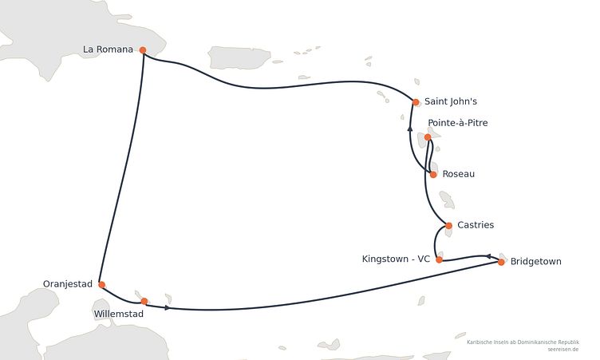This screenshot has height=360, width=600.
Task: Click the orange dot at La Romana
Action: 143,50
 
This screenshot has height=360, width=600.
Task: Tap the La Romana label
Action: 108,49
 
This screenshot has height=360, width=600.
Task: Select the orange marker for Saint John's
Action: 416,102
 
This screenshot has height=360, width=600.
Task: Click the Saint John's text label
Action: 451,101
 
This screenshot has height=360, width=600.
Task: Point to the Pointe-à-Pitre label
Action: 458,123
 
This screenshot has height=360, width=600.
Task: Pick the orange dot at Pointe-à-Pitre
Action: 428,137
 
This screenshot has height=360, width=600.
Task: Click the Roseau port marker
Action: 433,175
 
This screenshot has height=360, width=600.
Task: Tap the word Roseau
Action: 459,174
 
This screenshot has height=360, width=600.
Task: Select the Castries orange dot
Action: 449,226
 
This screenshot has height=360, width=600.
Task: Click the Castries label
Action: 476,225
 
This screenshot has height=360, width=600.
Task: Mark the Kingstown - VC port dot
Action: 440,259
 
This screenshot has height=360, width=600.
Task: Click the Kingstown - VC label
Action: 396,259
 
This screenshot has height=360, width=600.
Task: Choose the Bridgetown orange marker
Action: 501,262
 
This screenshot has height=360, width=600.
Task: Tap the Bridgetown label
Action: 536,262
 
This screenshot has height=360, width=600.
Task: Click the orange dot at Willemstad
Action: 144,302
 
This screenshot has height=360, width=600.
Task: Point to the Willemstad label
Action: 119,314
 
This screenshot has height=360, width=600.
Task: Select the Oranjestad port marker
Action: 102,285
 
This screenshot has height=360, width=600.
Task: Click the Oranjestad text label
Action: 68,284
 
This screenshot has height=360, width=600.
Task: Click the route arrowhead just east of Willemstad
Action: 168,307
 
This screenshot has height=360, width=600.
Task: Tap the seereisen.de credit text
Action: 562,350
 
